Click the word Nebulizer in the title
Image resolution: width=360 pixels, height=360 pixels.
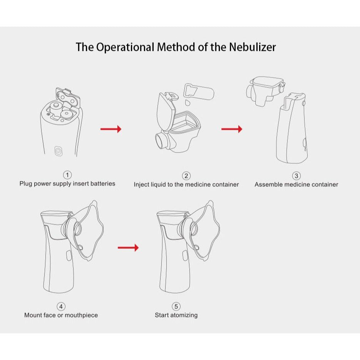pos(252,47)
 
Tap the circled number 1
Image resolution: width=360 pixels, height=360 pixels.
pos(67,175)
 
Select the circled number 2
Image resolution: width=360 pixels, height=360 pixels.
pos(186,176)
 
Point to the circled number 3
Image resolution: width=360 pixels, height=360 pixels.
pos(296,176)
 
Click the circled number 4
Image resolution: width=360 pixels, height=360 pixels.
pos(61,306)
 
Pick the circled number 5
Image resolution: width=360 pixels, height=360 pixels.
pos(176,306)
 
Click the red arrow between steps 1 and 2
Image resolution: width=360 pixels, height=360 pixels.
pos(111,129)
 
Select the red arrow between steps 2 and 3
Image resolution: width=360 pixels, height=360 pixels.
pos(232,129)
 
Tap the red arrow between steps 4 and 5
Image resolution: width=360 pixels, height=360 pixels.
pos(128,248)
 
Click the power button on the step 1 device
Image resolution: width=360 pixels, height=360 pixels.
pos(58,151)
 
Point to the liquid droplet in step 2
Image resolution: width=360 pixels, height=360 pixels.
pos(188,102)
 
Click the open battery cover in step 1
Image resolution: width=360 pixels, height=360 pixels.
pos(68,98)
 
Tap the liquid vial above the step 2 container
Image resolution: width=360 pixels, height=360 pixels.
pos(199,92)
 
